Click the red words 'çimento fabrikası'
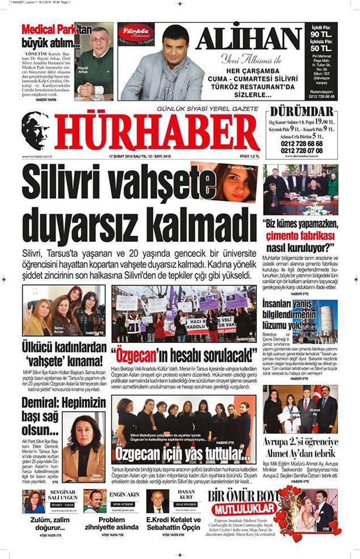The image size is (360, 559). point(308,235)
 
